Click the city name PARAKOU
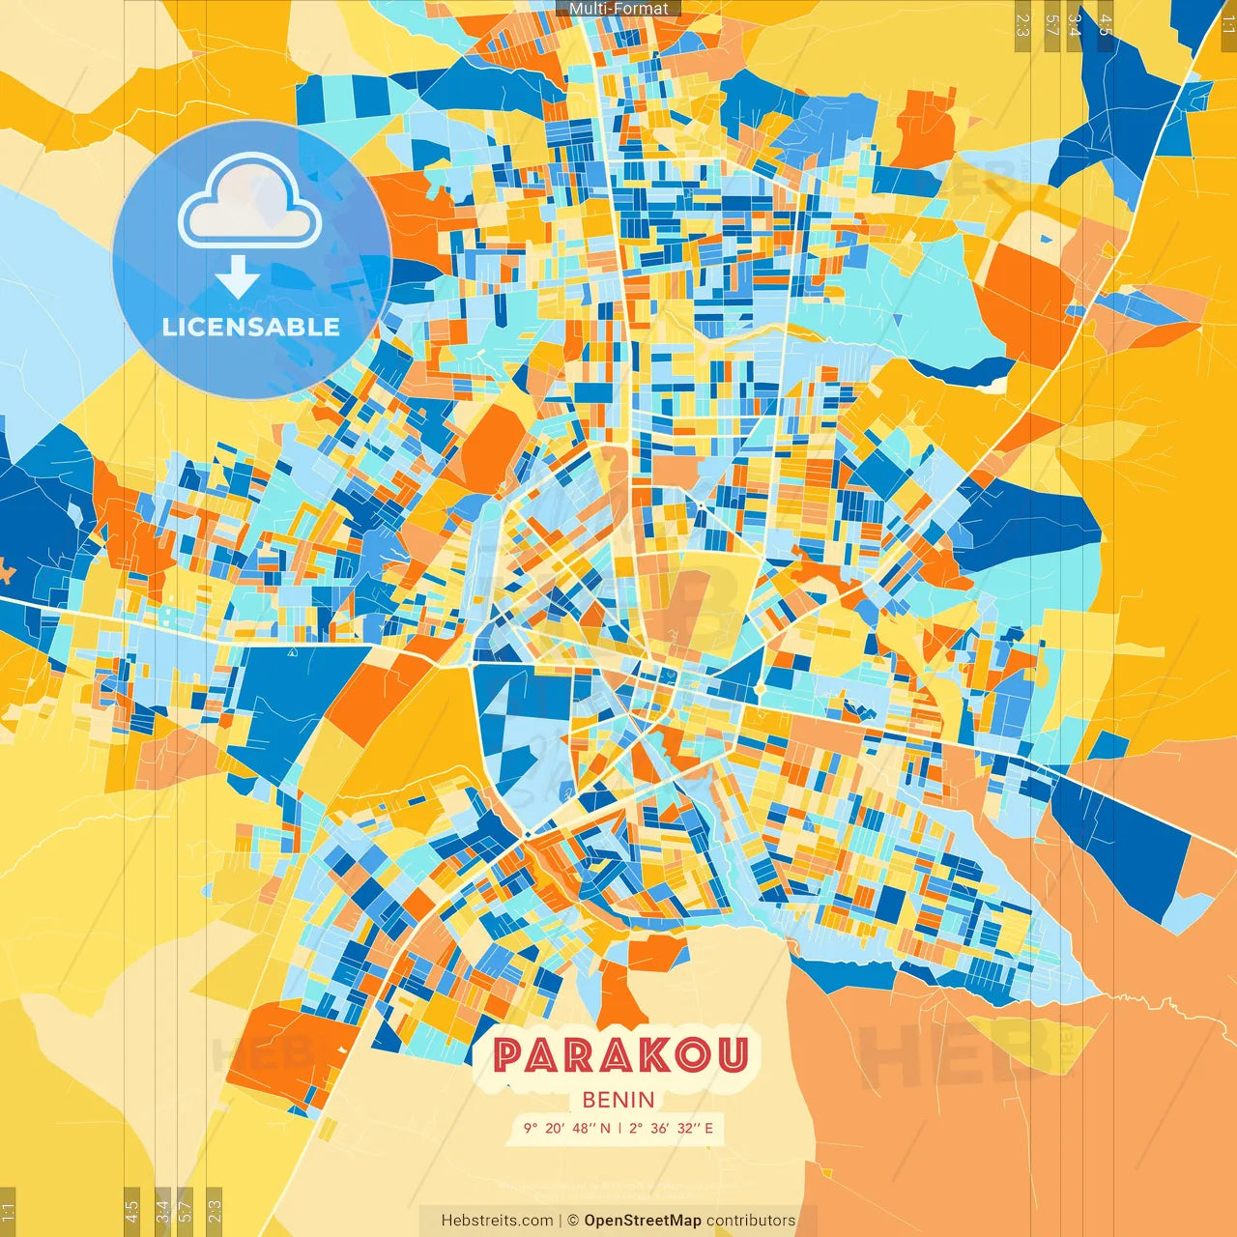pos(619,1055)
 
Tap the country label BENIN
pos(618,1100)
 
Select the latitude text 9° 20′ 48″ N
pos(567,1128)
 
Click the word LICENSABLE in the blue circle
pos(251,327)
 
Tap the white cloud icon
pos(250,202)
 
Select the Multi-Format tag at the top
pos(618,9)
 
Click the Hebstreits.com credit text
pos(497,1221)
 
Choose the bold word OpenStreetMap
pos(642,1221)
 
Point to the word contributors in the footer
pos(751,1221)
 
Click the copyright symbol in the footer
pos(572,1221)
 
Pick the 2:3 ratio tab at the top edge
pos(1022,25)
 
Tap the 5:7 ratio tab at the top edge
pos(1051,25)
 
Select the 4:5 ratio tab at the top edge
pos(1106,25)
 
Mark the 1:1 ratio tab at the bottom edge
pos(8,1211)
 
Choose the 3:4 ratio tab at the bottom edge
pos(162,1211)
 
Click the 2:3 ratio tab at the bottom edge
pos(214,1211)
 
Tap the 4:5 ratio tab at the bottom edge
pos(131,1211)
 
